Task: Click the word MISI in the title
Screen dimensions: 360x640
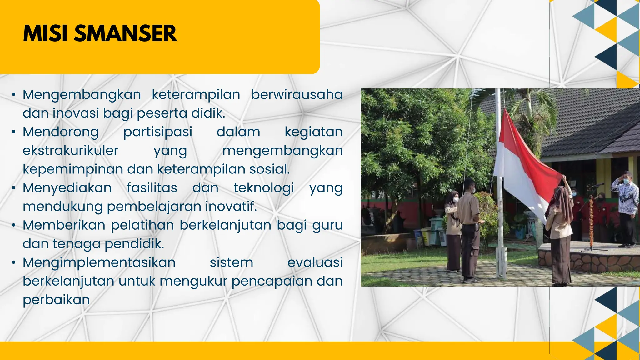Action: [x=45, y=33]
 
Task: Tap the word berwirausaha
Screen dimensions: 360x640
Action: [x=297, y=94]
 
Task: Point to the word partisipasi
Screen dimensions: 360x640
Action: [x=158, y=132]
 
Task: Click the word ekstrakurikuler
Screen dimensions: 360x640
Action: [x=71, y=151]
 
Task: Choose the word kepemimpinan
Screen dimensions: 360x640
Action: [x=73, y=169]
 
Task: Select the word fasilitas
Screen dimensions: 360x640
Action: [x=152, y=188]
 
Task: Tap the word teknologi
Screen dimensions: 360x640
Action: [x=264, y=188]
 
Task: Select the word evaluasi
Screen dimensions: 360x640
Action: [x=315, y=262]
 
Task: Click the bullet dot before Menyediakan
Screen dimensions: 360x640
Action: [x=13, y=188]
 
